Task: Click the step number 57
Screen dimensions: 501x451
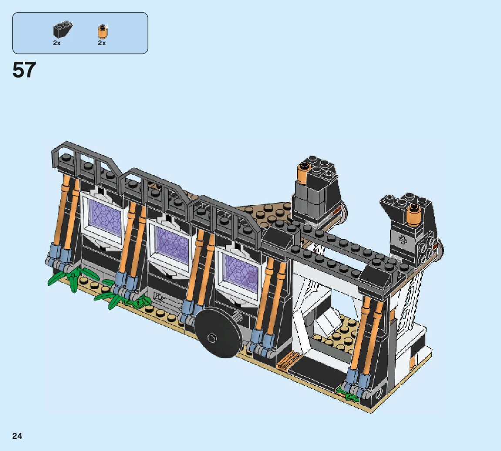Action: click(x=24, y=70)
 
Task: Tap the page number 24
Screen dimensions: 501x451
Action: click(x=17, y=436)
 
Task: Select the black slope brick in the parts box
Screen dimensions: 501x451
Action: click(x=63, y=30)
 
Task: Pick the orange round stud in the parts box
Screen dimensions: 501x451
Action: click(x=102, y=31)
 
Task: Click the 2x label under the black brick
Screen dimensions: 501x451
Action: click(x=57, y=43)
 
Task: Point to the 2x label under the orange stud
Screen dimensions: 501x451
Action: click(x=102, y=43)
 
